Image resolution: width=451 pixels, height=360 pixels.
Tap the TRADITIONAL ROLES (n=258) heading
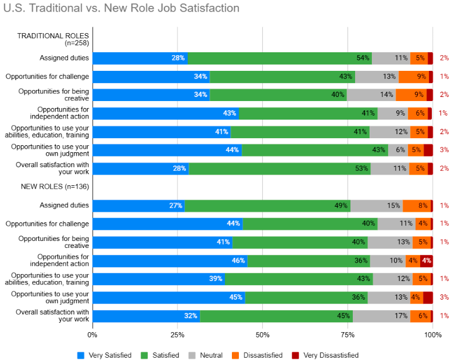coord(53,39)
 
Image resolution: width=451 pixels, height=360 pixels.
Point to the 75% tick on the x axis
coord(348,335)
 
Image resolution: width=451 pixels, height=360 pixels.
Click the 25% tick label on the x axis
coord(177,335)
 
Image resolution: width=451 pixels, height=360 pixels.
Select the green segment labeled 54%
coord(280,58)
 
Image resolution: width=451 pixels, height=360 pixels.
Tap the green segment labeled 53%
coord(280,168)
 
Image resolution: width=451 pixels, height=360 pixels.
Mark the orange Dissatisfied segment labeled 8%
coord(417,206)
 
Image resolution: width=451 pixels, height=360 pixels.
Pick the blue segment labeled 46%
coord(170,261)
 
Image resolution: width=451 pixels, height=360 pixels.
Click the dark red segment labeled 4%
coord(426,261)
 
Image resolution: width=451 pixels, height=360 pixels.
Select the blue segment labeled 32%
coord(146,316)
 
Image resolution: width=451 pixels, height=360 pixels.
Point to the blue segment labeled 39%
coord(159,279)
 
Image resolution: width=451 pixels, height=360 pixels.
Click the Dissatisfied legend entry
coord(258,355)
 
